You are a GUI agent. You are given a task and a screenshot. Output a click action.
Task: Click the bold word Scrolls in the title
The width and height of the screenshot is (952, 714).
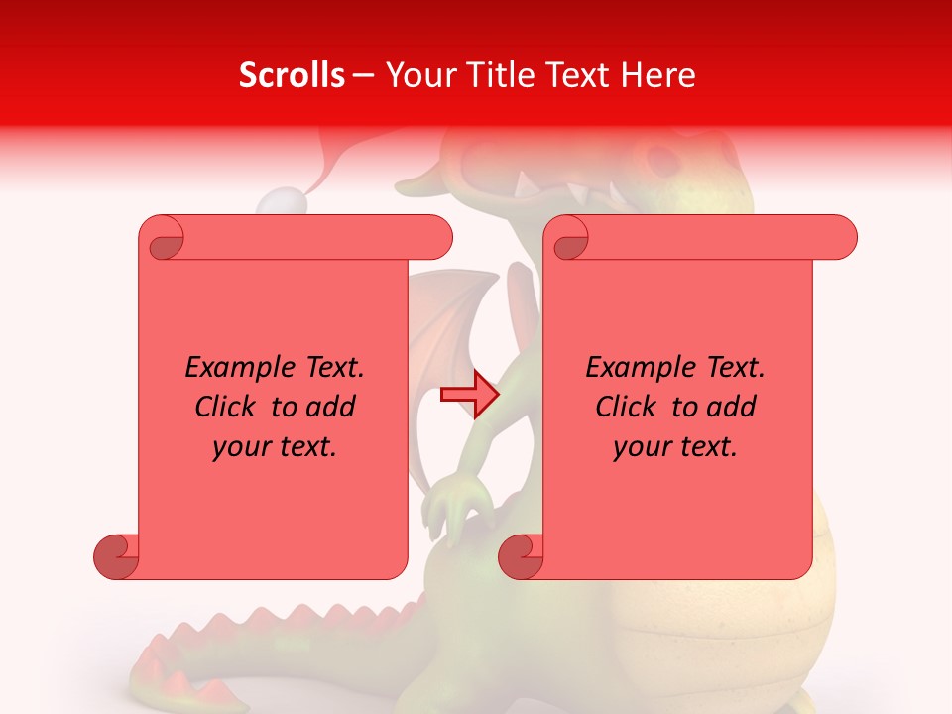pyautogui.click(x=292, y=75)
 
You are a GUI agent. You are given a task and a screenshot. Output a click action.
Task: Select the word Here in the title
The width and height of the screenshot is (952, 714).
pyautogui.click(x=657, y=75)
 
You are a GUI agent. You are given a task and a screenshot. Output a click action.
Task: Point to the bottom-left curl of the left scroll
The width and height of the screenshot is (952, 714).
pyautogui.click(x=116, y=556)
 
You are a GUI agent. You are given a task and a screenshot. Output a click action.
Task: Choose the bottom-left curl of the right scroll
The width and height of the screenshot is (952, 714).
pyautogui.click(x=521, y=556)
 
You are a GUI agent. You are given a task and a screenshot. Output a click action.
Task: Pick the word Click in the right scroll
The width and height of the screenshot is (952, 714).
pyautogui.click(x=627, y=408)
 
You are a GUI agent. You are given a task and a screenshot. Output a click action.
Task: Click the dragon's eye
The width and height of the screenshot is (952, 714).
pyautogui.click(x=658, y=159)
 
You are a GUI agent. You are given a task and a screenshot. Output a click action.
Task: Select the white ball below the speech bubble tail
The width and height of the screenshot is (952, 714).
pyautogui.click(x=283, y=203)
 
